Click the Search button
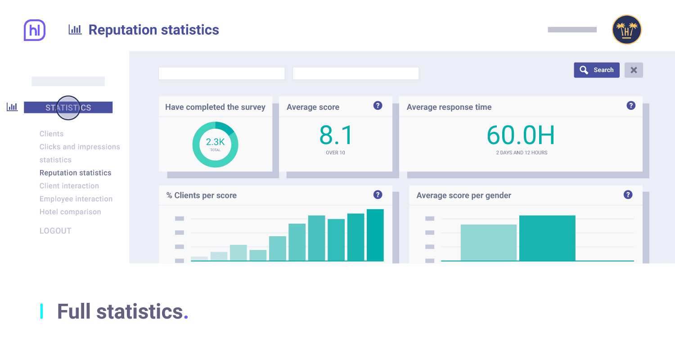(596, 70)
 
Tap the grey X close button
(634, 70)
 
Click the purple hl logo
(35, 31)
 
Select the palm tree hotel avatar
(626, 30)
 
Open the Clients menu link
(51, 134)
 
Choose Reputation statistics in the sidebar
(75, 173)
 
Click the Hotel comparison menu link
(70, 212)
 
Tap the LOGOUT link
(55, 231)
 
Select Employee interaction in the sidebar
(76, 199)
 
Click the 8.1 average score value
(336, 135)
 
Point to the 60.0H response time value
(521, 135)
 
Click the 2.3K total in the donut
(215, 143)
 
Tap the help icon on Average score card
(378, 106)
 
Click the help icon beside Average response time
(631, 106)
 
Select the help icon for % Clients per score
(378, 195)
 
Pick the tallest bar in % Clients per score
(375, 235)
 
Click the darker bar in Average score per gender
(547, 238)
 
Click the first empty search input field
(221, 73)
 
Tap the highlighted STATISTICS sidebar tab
(68, 108)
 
